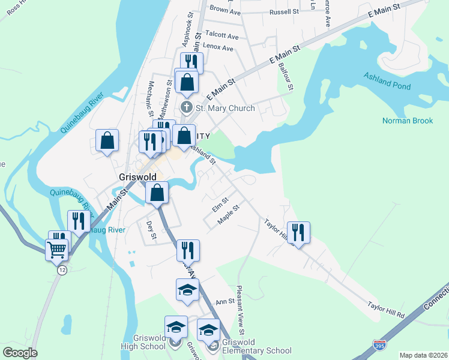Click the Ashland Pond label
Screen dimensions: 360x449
pos(387,81)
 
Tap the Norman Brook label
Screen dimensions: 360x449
pos(407,121)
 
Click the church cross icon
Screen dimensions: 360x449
pos(187,108)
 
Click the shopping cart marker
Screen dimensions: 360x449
pos(56,248)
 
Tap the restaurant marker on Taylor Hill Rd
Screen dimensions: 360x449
pos(298,232)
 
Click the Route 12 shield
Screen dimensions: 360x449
pos(62,271)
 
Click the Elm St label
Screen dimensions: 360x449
pos(220,205)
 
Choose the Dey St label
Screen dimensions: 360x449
pos(151,231)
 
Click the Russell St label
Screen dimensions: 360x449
pos(284,12)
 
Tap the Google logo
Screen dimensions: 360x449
pos(20,353)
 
